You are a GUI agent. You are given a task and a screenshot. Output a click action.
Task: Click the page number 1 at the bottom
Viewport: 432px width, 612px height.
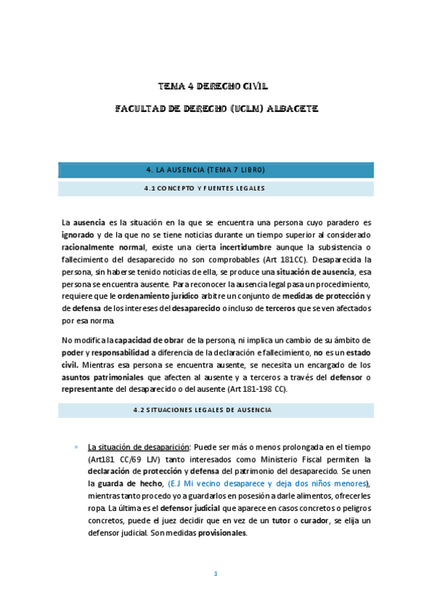click(x=216, y=574)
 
